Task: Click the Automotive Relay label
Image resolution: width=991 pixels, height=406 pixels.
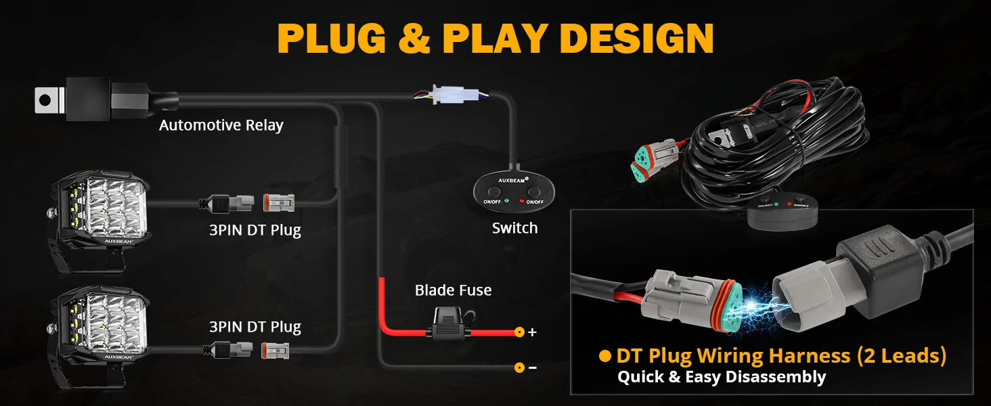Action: (x=221, y=126)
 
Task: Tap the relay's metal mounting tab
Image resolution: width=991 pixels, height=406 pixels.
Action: (x=48, y=100)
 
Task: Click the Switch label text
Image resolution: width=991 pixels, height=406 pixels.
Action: (x=515, y=228)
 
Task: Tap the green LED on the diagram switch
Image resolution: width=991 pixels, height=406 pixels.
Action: (x=506, y=201)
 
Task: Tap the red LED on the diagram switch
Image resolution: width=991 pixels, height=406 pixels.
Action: (x=522, y=201)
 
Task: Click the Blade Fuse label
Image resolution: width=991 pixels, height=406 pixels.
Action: (x=453, y=290)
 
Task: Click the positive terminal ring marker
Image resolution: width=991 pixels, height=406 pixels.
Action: (x=519, y=332)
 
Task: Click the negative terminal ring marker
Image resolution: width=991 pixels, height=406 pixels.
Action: (x=519, y=367)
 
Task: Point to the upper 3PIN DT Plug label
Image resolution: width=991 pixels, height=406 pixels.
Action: (x=255, y=231)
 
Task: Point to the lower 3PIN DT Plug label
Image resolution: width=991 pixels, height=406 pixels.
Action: (x=255, y=328)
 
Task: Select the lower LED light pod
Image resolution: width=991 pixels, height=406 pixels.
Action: (x=99, y=336)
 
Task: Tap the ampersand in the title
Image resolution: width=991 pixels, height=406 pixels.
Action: (x=414, y=39)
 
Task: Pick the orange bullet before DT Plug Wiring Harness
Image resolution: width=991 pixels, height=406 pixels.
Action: (x=604, y=355)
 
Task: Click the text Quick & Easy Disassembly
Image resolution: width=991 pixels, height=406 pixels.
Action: (x=722, y=378)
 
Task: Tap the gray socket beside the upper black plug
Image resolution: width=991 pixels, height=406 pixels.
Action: (x=279, y=203)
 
